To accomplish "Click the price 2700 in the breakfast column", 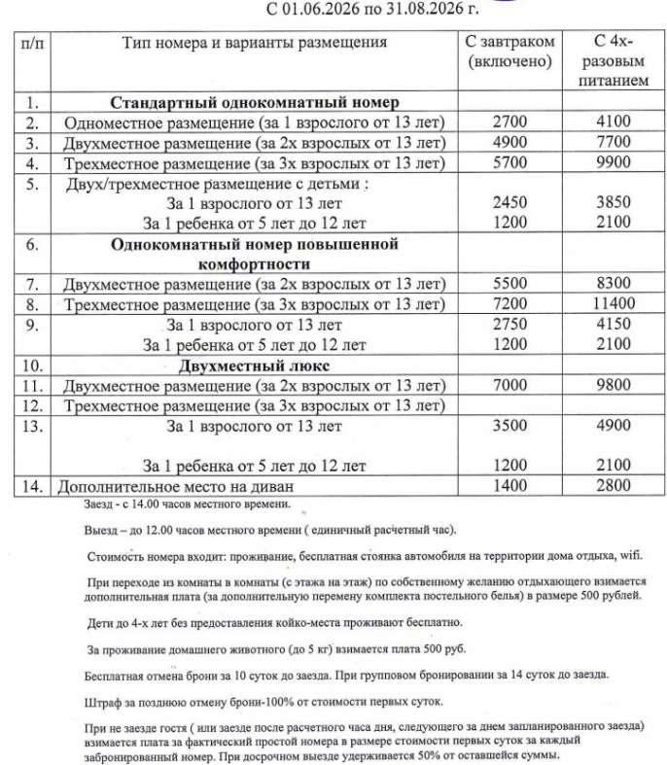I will [x=509, y=122].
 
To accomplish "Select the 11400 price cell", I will [x=614, y=304].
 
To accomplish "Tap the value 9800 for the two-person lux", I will [x=614, y=386].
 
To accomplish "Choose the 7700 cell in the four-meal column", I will [x=614, y=142].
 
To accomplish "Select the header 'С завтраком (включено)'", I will [x=509, y=52].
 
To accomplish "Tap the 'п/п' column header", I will [x=32, y=43].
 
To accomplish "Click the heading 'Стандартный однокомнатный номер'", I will [x=255, y=101].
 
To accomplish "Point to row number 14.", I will [x=32, y=486].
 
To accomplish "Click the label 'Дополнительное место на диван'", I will [x=176, y=486].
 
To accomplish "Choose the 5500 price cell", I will [x=509, y=284].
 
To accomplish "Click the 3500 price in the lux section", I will [x=509, y=425].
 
